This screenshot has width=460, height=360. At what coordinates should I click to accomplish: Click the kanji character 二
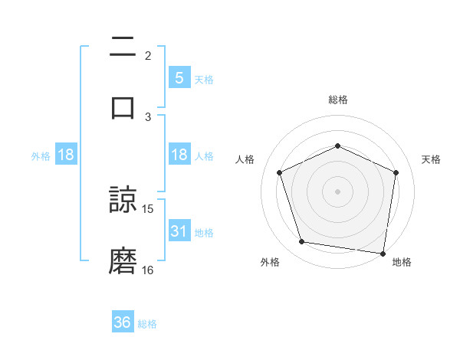tap(123, 47)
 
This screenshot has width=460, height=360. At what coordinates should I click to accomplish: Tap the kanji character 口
tap(123, 106)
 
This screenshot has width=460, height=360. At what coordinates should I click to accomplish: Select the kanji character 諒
tap(123, 201)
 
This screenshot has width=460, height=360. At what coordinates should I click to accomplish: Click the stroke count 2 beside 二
tap(148, 55)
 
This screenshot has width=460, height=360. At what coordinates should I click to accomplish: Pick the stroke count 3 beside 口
tap(148, 116)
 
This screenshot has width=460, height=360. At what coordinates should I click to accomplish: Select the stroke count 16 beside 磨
tap(148, 270)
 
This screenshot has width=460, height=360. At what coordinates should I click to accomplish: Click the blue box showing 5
tap(179, 78)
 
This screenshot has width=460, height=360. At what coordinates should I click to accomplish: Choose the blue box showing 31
tap(179, 231)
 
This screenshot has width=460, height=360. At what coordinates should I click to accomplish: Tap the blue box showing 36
tap(123, 322)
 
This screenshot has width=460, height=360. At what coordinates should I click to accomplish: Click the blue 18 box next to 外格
tap(66, 155)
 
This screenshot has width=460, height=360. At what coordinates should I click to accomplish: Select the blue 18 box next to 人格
tap(179, 155)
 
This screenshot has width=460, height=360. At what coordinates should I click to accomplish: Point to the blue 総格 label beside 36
tap(147, 324)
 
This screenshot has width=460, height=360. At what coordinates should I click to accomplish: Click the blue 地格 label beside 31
tap(204, 233)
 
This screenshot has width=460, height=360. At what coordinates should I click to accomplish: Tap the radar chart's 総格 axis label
tap(338, 100)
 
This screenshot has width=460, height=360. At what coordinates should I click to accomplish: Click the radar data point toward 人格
tap(280, 172)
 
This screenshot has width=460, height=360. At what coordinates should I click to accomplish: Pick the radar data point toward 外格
tap(302, 242)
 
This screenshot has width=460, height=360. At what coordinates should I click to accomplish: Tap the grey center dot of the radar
tap(338, 191)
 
